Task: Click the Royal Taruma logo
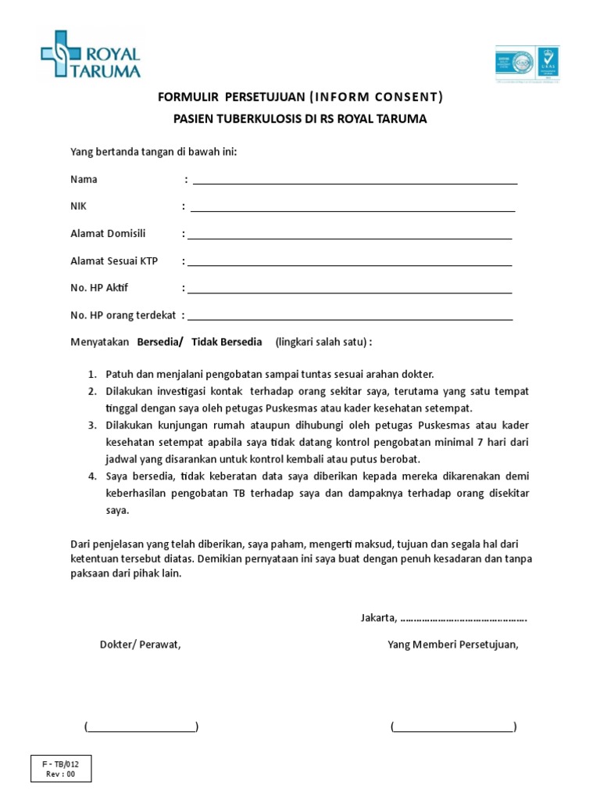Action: click(x=91, y=55)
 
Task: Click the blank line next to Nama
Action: click(x=355, y=182)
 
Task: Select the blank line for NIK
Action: click(x=352, y=210)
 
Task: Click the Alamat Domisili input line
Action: click(x=349, y=237)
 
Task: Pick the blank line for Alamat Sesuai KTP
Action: click(x=349, y=264)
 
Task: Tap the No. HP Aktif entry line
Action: click(x=349, y=292)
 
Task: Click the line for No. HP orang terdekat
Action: click(x=350, y=319)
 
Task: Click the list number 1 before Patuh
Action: click(x=91, y=374)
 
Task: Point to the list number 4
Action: click(x=91, y=476)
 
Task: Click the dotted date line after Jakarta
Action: click(x=463, y=619)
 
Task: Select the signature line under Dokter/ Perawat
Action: click(x=141, y=729)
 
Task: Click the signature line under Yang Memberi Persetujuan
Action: click(x=453, y=729)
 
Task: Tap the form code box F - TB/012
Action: click(x=61, y=769)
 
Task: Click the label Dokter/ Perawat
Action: click(x=141, y=645)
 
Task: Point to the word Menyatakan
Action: click(x=100, y=343)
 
